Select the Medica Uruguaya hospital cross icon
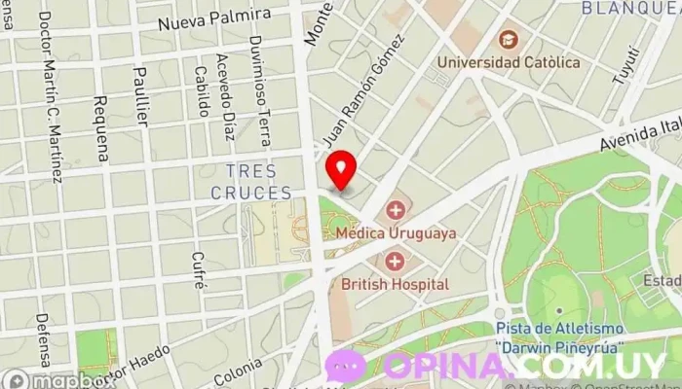(395, 210)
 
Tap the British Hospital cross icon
(395, 261)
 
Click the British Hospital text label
(395, 284)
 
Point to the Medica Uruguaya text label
(395, 233)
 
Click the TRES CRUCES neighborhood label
(251, 182)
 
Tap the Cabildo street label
(200, 88)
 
